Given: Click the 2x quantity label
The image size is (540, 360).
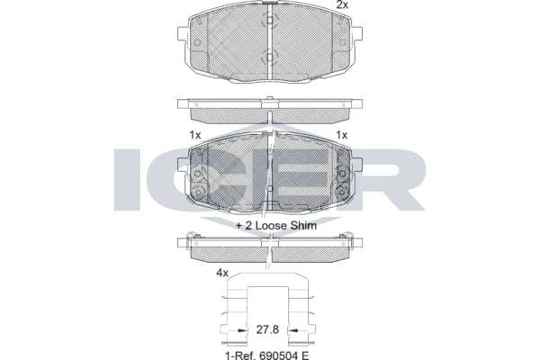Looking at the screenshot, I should [341, 6].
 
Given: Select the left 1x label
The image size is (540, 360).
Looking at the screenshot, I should [194, 134].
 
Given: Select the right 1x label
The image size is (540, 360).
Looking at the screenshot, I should [341, 134].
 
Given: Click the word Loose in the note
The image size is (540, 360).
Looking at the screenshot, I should [265, 227].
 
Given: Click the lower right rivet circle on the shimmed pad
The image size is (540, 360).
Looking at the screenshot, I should [341, 188].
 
